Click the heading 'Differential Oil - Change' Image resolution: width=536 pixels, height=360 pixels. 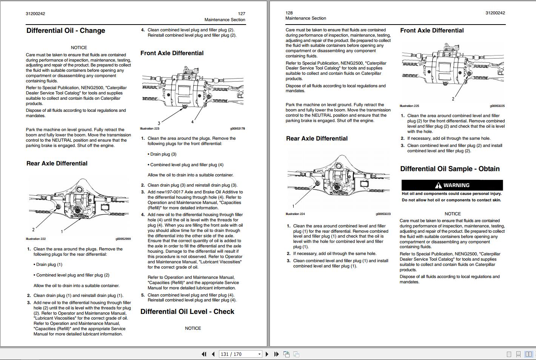pyautogui.click(x=66, y=31)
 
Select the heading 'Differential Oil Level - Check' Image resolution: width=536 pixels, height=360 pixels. pyautogui.click(x=187, y=312)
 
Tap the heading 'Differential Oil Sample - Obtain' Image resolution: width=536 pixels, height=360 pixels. pyautogui.click(x=450, y=169)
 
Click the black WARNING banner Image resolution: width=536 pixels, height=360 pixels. pyautogui.click(x=452, y=185)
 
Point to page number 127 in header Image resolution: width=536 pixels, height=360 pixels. pyautogui.click(x=241, y=14)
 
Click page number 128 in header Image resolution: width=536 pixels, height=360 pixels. pyautogui.click(x=289, y=13)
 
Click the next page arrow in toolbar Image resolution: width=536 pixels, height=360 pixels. pyautogui.click(x=267, y=354)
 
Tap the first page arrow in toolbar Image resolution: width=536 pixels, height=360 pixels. pyautogui.click(x=204, y=354)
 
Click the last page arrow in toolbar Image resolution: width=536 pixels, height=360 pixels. pyautogui.click(x=276, y=354)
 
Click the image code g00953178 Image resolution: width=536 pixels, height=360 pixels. pyautogui.click(x=237, y=128)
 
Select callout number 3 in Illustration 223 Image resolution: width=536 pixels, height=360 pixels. pyautogui.click(x=159, y=123)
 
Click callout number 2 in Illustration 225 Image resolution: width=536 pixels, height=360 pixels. pyautogui.click(x=453, y=99)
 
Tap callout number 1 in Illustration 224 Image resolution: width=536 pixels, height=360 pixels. pyautogui.click(x=293, y=206)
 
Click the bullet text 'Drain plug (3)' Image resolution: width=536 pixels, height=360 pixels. pyautogui.click(x=163, y=154)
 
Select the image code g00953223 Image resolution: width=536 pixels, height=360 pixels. pyautogui.click(x=383, y=214)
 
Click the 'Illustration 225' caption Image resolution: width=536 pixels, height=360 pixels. pyautogui.click(x=409, y=106)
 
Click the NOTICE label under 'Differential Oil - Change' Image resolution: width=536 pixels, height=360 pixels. pyautogui.click(x=79, y=48)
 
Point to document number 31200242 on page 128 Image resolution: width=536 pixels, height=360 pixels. pyautogui.click(x=495, y=13)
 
